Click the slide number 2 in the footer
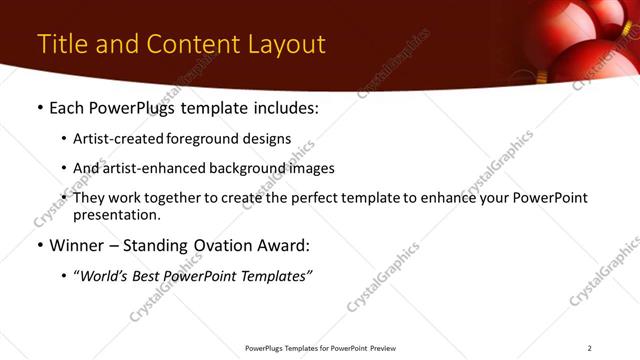tap(590, 347)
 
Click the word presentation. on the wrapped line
tap(117, 215)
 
